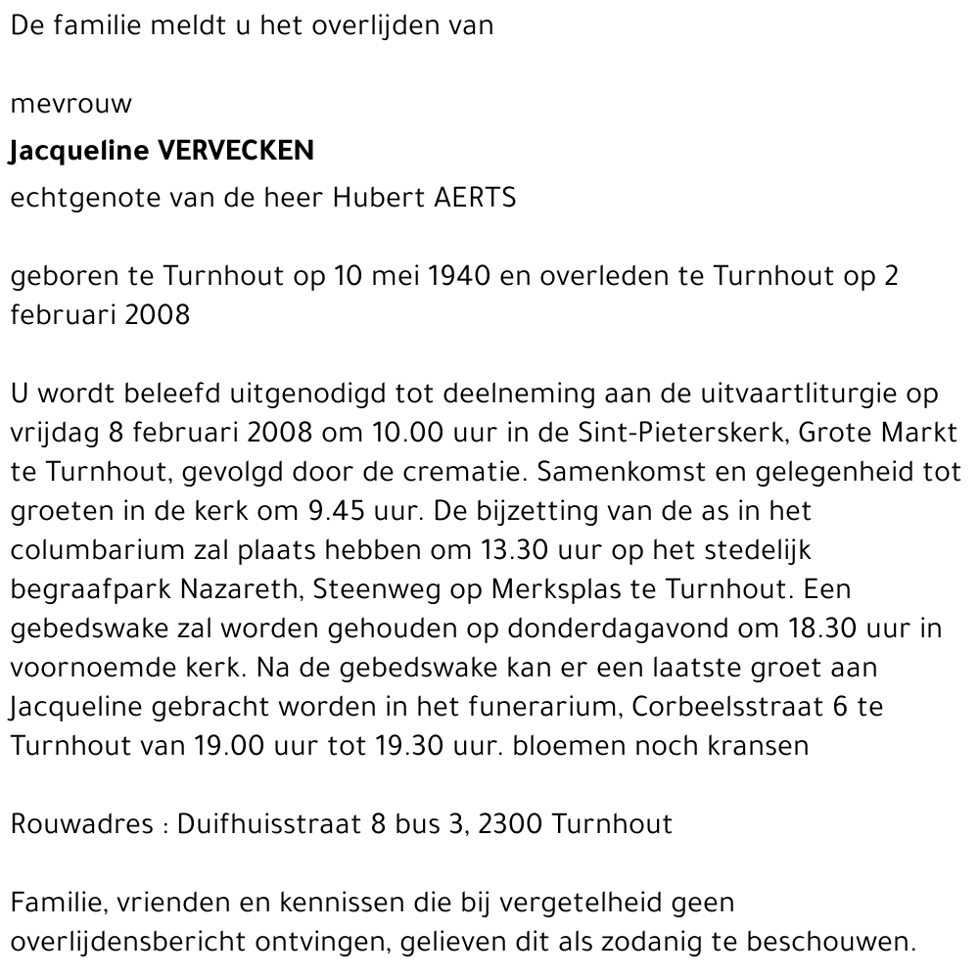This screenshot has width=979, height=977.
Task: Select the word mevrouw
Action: click(x=70, y=104)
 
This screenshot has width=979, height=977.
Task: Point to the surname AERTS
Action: click(x=474, y=197)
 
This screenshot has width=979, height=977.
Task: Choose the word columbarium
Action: click(x=107, y=550)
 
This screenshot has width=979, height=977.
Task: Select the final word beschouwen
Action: click(x=830, y=942)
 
